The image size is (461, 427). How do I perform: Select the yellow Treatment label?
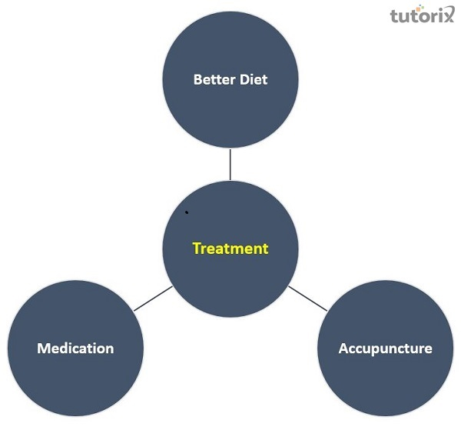(x=230, y=249)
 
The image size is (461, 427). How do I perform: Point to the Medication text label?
(x=75, y=349)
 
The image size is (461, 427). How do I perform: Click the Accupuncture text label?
(x=385, y=349)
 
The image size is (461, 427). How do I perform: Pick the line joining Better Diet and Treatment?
(x=230, y=165)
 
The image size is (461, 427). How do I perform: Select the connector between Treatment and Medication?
(x=153, y=299)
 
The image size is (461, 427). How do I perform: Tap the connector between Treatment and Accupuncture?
(x=307, y=298)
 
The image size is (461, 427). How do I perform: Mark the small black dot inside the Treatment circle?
(x=187, y=212)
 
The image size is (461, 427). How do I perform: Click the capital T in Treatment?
(x=197, y=249)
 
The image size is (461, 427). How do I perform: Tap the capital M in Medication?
(x=44, y=349)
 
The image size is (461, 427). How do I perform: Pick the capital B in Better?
(x=198, y=79)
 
